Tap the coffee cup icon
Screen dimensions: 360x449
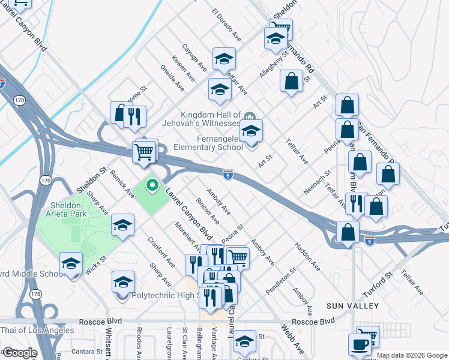point(360,344)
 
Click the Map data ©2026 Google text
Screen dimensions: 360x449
point(412,355)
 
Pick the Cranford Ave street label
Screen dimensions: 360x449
point(161,252)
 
